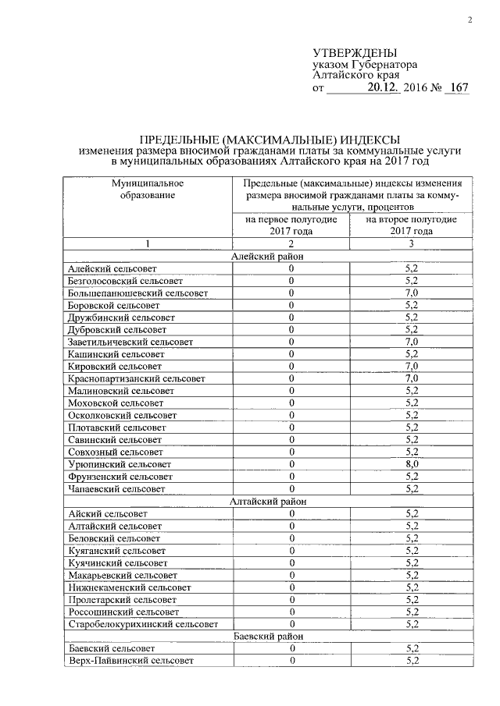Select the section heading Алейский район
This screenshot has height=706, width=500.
point(268,256)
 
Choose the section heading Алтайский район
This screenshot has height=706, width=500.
point(268,502)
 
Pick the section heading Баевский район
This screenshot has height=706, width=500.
point(268,637)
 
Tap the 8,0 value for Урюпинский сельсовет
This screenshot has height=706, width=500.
point(412,464)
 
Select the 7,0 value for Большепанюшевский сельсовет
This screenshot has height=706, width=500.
point(412,293)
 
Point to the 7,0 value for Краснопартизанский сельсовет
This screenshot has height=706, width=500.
point(412,378)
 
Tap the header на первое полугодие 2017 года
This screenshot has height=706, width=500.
point(291,225)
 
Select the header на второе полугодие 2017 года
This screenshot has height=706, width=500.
point(412,225)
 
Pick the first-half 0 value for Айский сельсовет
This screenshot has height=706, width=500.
point(291,514)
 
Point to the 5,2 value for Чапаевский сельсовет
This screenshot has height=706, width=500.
point(412,489)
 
